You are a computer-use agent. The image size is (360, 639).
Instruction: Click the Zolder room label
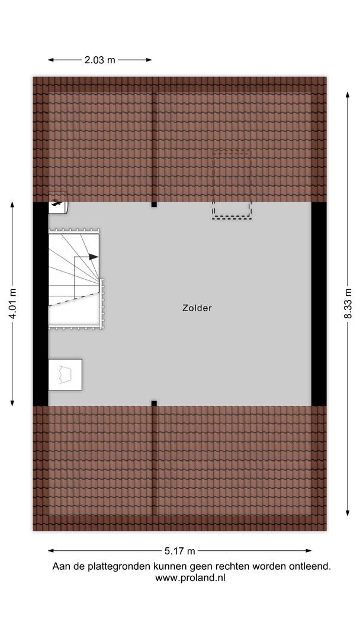[x=197, y=308]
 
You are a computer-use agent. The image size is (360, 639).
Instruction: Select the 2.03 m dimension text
[x=100, y=60]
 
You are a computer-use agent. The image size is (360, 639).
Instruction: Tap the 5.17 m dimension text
[x=180, y=551]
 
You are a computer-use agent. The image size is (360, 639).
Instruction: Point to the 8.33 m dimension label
[x=348, y=304]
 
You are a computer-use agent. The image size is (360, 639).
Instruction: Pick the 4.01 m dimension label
[x=12, y=304]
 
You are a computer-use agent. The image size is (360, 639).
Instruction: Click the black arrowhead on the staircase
[x=94, y=257]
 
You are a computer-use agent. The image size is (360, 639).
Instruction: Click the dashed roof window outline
[x=232, y=185]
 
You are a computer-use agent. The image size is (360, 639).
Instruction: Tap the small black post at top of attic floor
[x=154, y=204]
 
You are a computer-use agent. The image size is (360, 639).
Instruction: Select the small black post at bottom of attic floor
[x=154, y=404]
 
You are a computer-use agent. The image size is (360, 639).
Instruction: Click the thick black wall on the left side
[x=41, y=304]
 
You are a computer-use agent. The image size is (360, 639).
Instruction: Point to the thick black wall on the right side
[x=319, y=304]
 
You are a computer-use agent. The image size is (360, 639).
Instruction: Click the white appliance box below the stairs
[x=65, y=375]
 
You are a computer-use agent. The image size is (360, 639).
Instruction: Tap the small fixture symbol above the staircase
[x=57, y=202]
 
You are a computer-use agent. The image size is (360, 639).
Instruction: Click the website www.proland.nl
[x=190, y=577]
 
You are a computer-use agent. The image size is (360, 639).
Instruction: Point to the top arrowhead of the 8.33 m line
[x=348, y=95]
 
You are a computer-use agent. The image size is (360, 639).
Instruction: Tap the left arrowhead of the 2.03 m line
[x=51, y=60]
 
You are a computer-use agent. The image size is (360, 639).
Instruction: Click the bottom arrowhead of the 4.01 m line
[x=12, y=403]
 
